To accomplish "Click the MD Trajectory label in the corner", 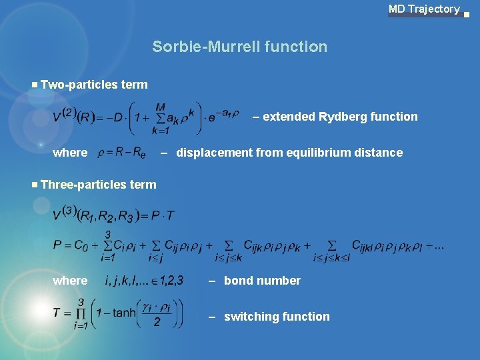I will click(424, 9).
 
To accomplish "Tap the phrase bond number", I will click(262, 281).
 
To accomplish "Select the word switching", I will click(249, 317).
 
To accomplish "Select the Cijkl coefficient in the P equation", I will click(365, 245).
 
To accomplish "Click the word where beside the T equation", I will click(70, 281).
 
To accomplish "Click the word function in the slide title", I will click(296, 47).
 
